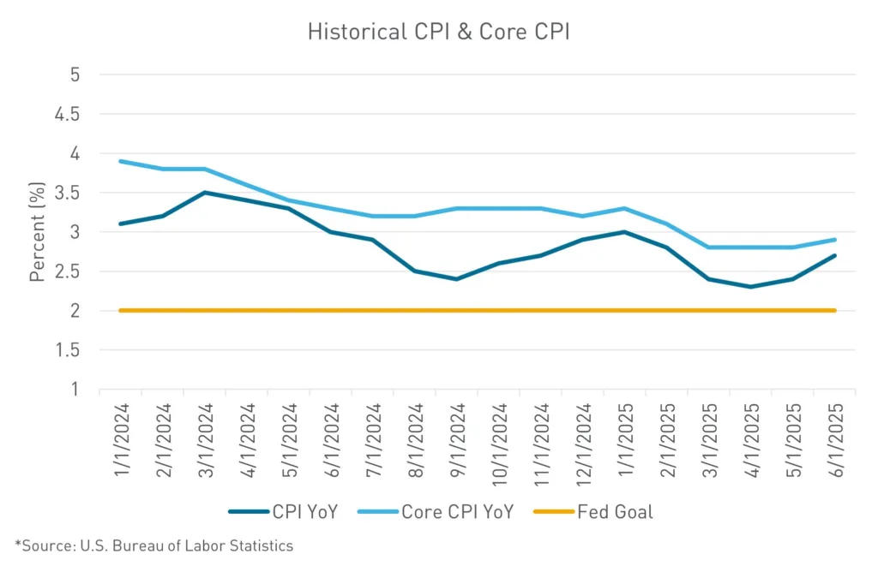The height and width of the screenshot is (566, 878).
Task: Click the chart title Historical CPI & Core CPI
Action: [438, 32]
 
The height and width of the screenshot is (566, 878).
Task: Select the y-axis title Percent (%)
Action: [37, 232]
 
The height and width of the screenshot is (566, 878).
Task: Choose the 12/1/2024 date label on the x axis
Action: [582, 440]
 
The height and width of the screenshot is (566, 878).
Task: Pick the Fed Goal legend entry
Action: [593, 512]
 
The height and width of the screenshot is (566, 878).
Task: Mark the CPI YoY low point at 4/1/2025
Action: [751, 287]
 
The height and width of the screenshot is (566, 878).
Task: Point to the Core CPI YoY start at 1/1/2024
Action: [120, 161]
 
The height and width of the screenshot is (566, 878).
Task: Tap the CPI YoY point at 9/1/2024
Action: [456, 279]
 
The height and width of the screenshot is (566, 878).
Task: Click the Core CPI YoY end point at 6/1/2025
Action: [835, 240]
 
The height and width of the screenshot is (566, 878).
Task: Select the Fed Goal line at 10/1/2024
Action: [498, 311]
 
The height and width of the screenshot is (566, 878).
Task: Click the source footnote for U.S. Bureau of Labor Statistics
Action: [154, 545]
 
